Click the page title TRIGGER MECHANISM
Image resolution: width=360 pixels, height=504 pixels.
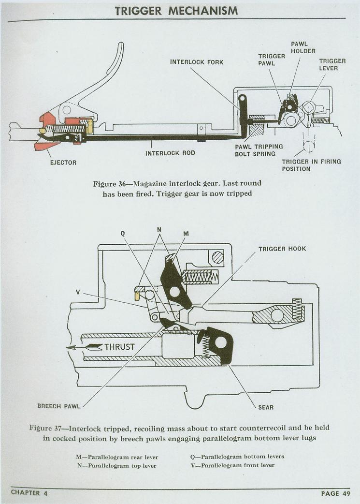coord(176,10)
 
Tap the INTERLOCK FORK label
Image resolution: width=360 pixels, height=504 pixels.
coord(197,62)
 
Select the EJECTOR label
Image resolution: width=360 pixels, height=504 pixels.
coord(63,163)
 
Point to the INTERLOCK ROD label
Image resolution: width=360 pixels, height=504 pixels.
coord(170,153)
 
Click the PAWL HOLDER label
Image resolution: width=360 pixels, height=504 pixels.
coord(303,47)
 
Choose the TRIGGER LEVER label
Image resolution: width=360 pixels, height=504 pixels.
coord(332,65)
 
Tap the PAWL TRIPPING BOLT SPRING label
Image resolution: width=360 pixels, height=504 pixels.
coord(259,150)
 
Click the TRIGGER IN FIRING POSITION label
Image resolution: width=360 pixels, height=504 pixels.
coord(311,165)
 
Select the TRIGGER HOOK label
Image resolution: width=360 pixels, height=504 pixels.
coord(282,249)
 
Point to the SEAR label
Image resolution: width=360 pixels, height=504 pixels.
coord(266,407)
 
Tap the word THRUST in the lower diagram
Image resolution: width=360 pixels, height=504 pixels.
coord(119,347)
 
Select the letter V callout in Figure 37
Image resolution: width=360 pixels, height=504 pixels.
coord(77,292)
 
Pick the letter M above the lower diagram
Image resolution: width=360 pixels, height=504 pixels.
coord(186,233)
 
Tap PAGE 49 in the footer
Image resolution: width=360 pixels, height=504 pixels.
coord(335,493)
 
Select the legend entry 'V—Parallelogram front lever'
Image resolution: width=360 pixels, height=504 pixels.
coord(232,465)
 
